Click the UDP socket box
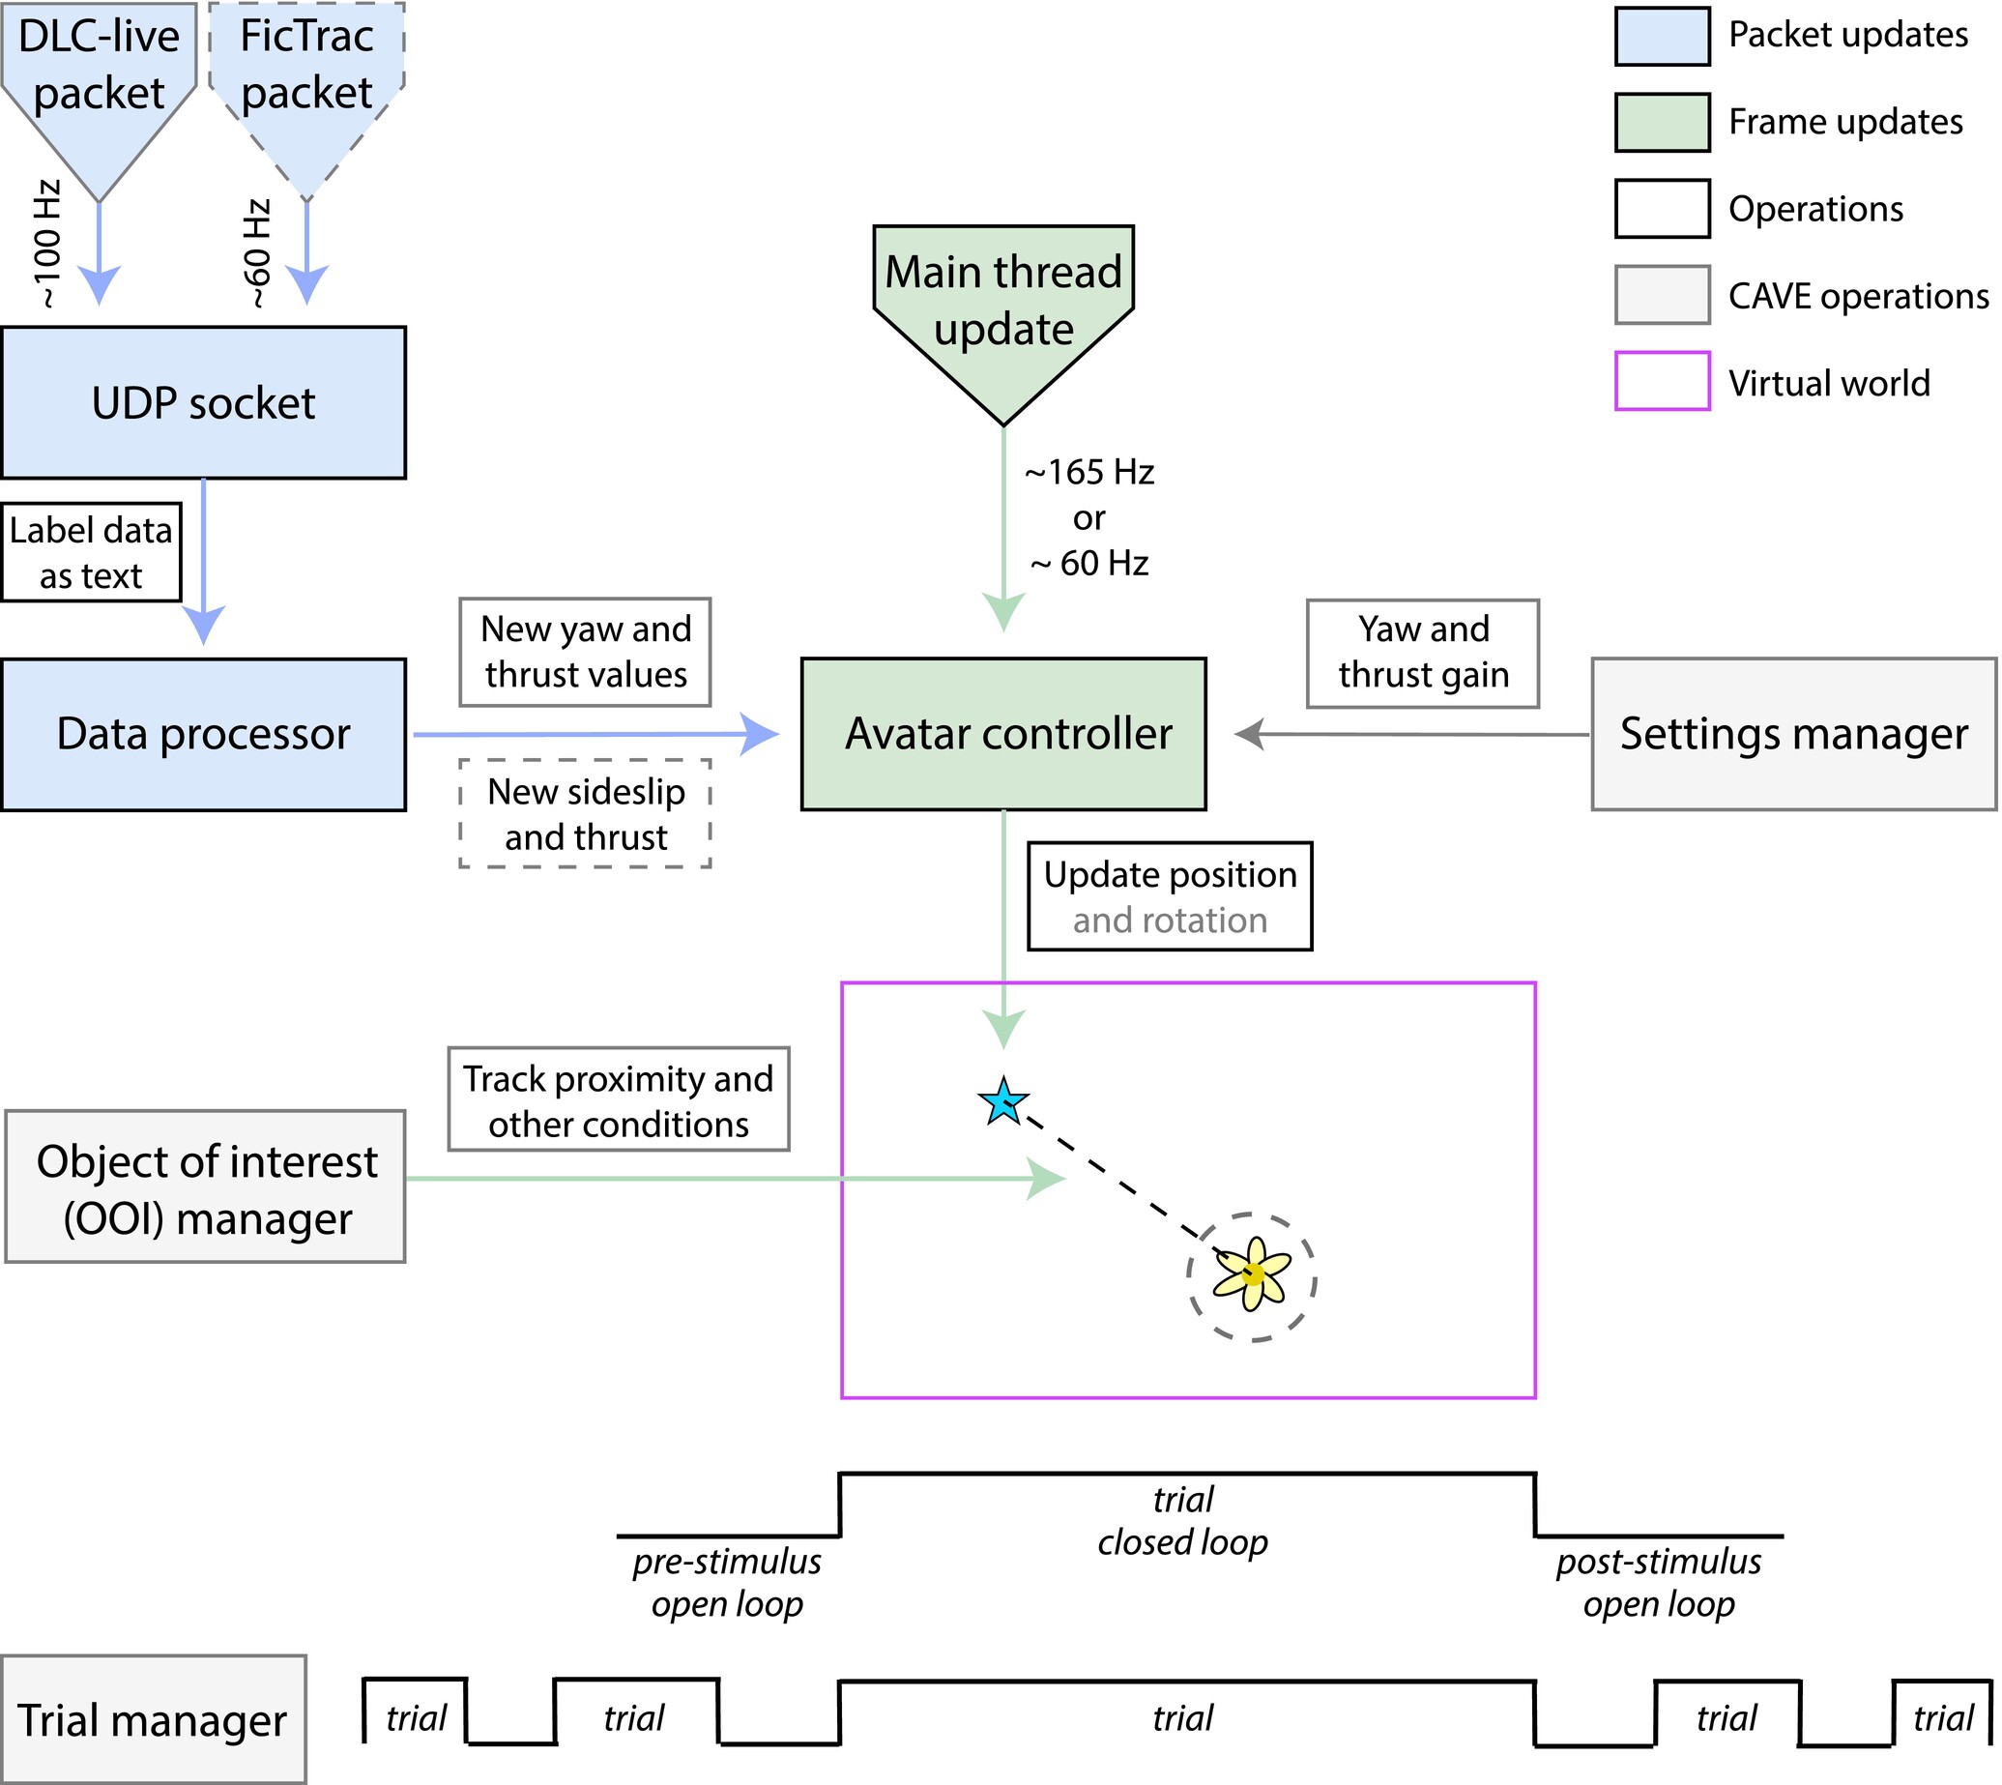coord(203,403)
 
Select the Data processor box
coord(203,735)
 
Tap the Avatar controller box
coord(1003,735)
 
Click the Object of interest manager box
coord(205,1187)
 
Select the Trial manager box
coord(153,1719)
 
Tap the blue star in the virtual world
coord(1003,1102)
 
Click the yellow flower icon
coord(1252,1274)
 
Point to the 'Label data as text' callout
coord(91,552)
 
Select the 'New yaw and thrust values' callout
coord(585,652)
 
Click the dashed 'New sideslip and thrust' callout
coord(585,814)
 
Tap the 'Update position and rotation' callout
coord(1170,896)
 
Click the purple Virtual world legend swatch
coord(1662,382)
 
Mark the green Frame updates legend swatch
coord(1662,123)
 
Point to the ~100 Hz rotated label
coord(47,244)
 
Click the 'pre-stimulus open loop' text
coord(727,1583)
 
